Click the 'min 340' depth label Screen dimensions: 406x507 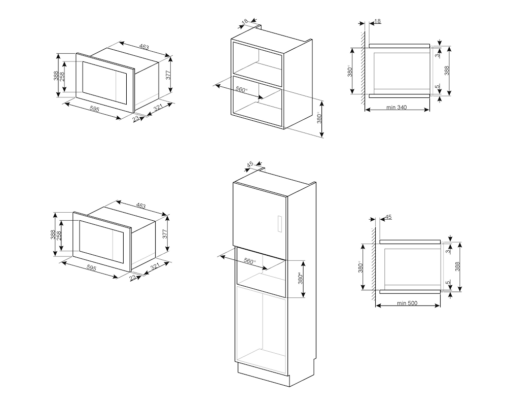pyautogui.click(x=396, y=108)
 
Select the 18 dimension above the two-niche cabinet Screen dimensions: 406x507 pyautogui.click(x=245, y=22)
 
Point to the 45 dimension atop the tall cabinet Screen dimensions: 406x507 pyautogui.click(x=250, y=164)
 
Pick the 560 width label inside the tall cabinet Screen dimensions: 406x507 pyautogui.click(x=249, y=261)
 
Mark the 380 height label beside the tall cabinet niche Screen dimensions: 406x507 pyautogui.click(x=300, y=279)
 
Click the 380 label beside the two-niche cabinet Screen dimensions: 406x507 pyautogui.click(x=319, y=119)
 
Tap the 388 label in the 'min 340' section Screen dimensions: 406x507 pyautogui.click(x=447, y=71)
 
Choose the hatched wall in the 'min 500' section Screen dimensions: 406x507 pyautogui.click(x=374, y=264)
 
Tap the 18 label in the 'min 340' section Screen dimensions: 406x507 pyautogui.click(x=378, y=21)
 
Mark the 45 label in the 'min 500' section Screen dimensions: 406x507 pyautogui.click(x=388, y=217)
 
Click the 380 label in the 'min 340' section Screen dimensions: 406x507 pyautogui.click(x=350, y=71)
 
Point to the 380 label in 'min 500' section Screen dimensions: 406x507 pyautogui.click(x=360, y=267)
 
